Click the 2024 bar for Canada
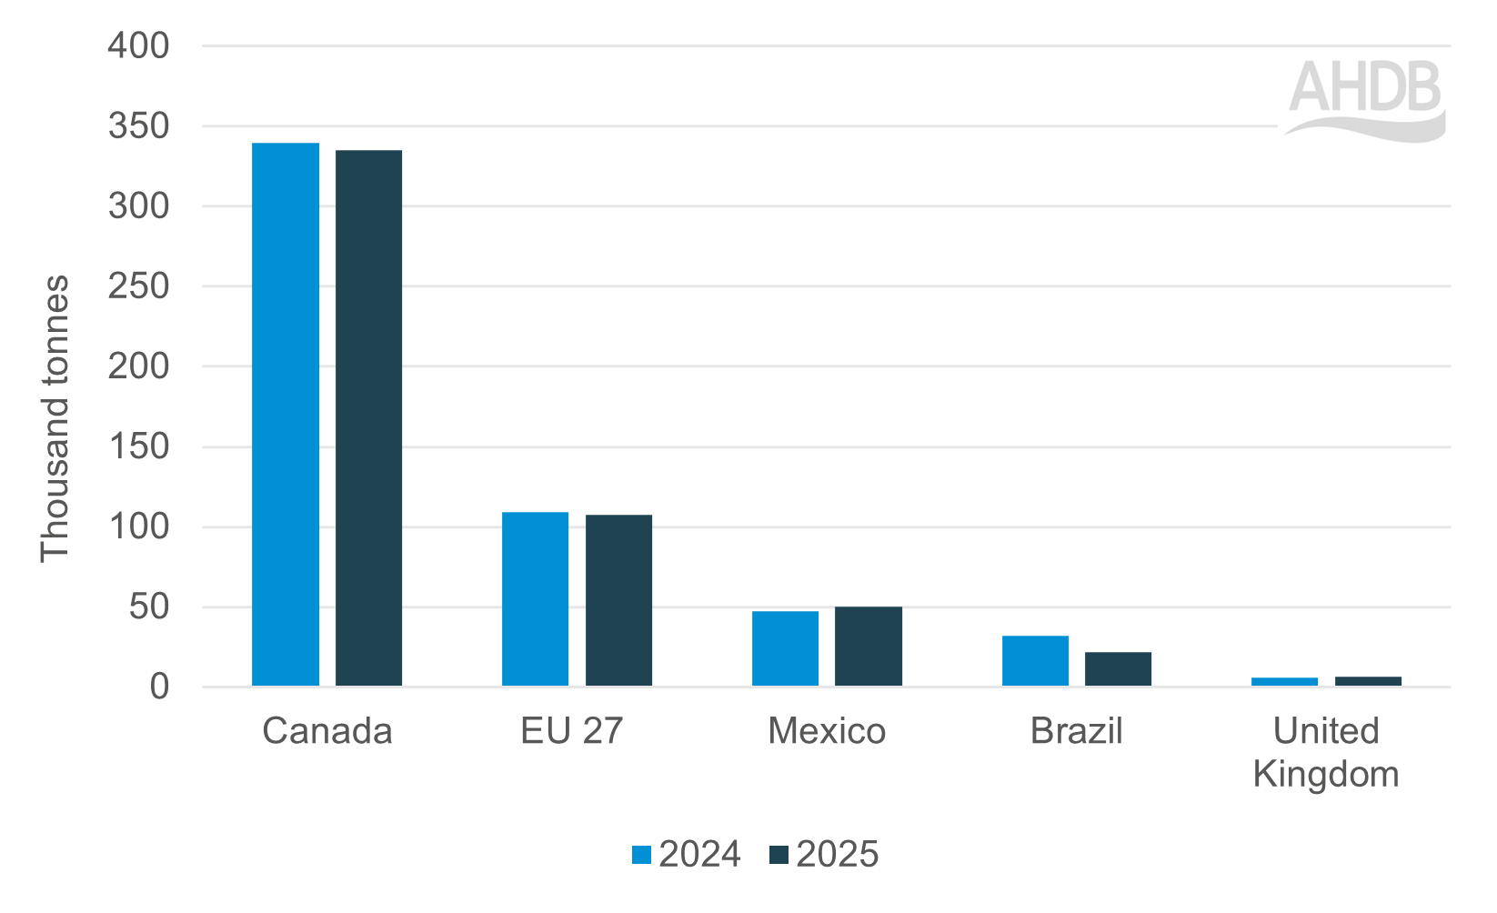click(286, 415)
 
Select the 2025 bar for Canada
click(368, 418)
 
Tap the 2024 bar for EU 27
click(535, 599)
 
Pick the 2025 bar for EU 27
click(618, 600)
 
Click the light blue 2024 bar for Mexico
click(785, 648)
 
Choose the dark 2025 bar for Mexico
click(869, 647)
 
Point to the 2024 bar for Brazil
click(1035, 661)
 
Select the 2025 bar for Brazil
click(1118, 669)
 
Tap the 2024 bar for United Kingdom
click(1284, 681)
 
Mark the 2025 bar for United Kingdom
click(1368, 681)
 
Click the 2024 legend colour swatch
click(642, 855)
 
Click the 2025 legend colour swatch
click(779, 855)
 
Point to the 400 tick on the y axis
click(138, 45)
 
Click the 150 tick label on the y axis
click(138, 446)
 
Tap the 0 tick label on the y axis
click(159, 687)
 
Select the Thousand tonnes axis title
click(55, 418)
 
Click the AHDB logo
click(1365, 98)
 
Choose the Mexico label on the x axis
click(827, 731)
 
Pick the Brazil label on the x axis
click(1076, 731)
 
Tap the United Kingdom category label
click(1326, 752)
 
